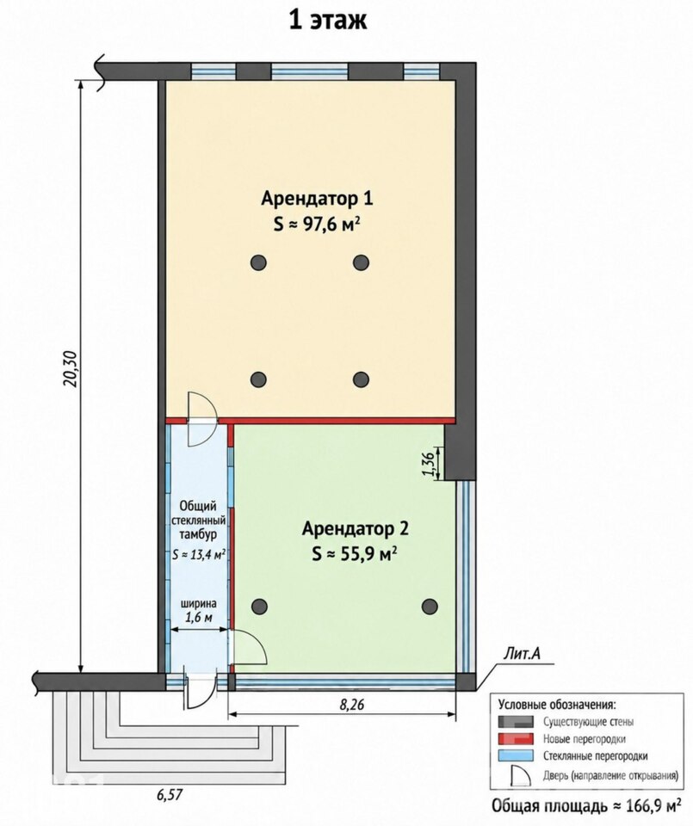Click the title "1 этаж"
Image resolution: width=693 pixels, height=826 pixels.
[328, 20]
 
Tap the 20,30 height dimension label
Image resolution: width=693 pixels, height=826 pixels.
[71, 369]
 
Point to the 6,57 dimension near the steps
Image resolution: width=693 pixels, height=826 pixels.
[170, 794]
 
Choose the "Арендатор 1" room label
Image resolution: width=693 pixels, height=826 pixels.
[318, 199]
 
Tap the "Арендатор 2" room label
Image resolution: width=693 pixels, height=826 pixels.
[356, 529]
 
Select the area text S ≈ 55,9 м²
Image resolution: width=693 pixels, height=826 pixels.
[354, 553]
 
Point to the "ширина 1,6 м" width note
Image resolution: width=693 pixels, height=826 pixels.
[199, 611]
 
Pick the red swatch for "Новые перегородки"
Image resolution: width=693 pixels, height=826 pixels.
[516, 738]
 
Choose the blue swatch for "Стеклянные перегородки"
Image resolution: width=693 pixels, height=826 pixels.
[516, 756]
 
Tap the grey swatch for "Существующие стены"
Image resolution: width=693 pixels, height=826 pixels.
[516, 722]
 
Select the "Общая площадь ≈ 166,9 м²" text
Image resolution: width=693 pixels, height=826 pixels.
[585, 806]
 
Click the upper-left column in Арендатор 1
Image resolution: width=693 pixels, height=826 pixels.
[258, 262]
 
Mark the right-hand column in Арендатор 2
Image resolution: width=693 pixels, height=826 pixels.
[430, 607]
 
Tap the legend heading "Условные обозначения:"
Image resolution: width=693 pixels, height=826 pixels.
[556, 705]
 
